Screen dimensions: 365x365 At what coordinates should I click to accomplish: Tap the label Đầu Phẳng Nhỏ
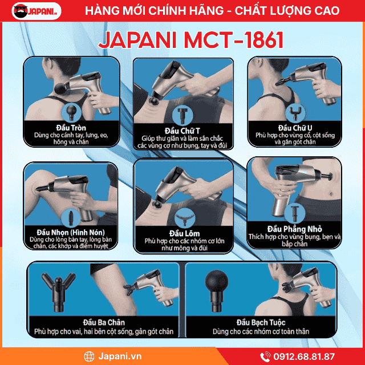[x=295, y=228]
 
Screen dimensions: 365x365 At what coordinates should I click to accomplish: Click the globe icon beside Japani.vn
[x=89, y=356]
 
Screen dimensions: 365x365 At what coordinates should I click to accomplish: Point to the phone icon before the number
[x=266, y=356]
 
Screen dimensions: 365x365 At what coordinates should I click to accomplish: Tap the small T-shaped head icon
[x=182, y=112]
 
